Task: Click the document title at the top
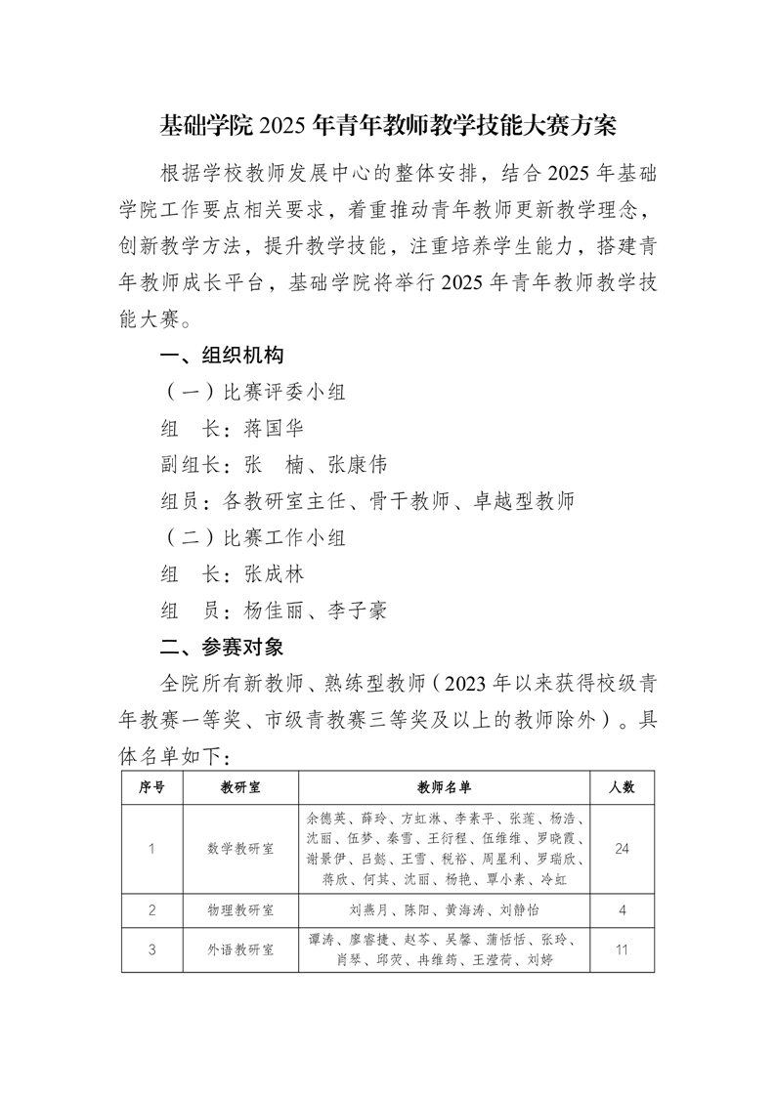pos(387,127)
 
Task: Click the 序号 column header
pos(151,786)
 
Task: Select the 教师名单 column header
pos(444,786)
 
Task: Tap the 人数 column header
pos(622,786)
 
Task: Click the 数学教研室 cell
pos(240,849)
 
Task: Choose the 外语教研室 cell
pos(240,948)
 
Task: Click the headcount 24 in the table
pos(622,849)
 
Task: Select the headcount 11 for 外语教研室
pos(622,948)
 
